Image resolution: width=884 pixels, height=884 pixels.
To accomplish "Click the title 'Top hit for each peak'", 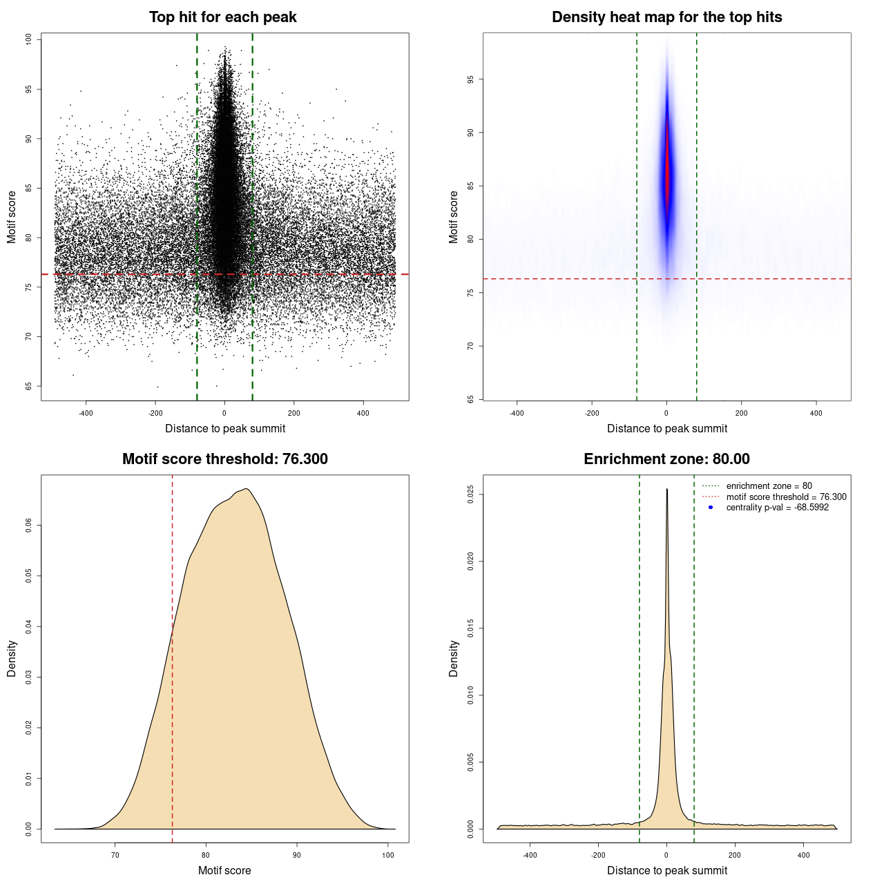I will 222,17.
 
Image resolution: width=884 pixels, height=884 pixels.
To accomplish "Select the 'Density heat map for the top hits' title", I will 666,17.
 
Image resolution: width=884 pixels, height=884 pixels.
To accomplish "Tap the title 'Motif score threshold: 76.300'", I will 224,459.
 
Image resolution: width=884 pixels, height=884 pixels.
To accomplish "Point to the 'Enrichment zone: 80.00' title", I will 666,459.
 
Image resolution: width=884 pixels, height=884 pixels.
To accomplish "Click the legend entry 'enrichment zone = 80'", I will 769,486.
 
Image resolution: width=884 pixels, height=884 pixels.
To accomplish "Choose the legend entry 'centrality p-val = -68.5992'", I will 777,508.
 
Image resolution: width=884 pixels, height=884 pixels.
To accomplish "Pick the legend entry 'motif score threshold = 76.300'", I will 786,497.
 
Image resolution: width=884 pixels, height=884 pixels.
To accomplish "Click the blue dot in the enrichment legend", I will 711,508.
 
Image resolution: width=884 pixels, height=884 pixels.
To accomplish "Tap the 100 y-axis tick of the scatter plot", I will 29,39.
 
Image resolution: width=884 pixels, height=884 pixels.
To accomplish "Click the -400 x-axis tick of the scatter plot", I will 86,413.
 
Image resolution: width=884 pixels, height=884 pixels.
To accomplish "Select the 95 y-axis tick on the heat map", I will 471,79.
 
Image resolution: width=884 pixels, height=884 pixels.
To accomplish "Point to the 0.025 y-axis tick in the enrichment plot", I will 471,494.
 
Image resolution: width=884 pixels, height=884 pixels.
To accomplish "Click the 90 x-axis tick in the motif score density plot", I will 297,855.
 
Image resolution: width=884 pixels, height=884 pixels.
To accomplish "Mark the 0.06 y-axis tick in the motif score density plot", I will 29,526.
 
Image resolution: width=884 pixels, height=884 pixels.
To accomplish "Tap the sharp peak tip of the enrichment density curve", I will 666,490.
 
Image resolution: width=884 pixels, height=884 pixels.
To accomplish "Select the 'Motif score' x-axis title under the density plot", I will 224,870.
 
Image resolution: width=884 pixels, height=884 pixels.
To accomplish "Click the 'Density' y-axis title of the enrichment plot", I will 454,658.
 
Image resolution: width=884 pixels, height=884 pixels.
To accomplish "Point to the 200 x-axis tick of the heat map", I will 741,413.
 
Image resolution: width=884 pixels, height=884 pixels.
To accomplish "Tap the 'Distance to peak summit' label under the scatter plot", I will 225,428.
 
